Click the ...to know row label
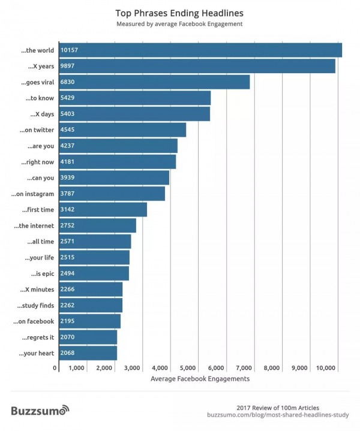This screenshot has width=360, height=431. coord(40,98)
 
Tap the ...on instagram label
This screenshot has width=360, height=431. coord(33,194)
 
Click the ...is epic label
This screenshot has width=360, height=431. coord(42,273)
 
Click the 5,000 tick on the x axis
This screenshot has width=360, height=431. coord(188,367)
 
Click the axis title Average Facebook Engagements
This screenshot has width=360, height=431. coord(200,379)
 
